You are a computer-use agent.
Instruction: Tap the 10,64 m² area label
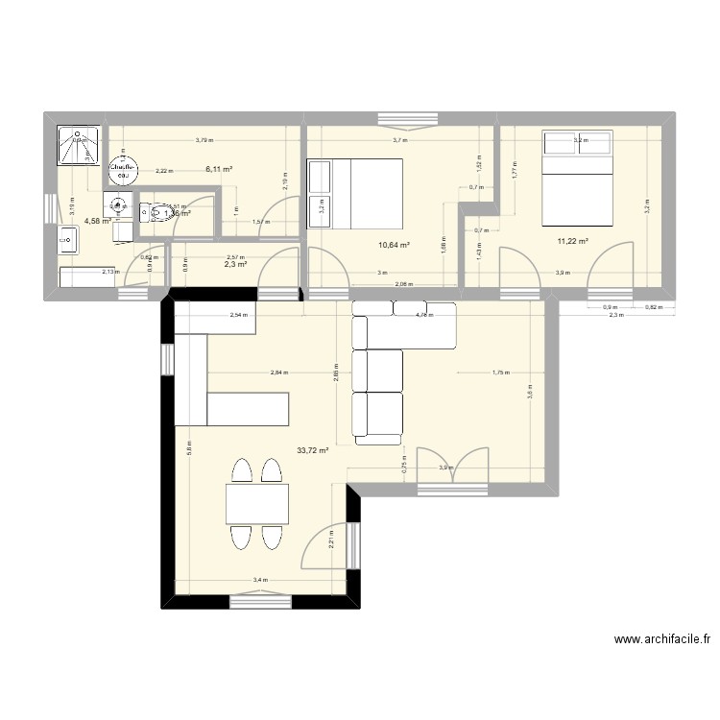point(394,245)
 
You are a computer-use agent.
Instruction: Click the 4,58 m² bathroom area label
point(97,220)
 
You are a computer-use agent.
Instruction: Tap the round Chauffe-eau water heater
point(122,170)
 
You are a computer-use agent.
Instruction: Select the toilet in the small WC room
point(153,212)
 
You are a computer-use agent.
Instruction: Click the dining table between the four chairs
point(257,504)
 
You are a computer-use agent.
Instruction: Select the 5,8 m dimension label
point(189,449)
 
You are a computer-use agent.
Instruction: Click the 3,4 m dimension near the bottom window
point(259,580)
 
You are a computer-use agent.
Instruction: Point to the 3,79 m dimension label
point(204,140)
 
